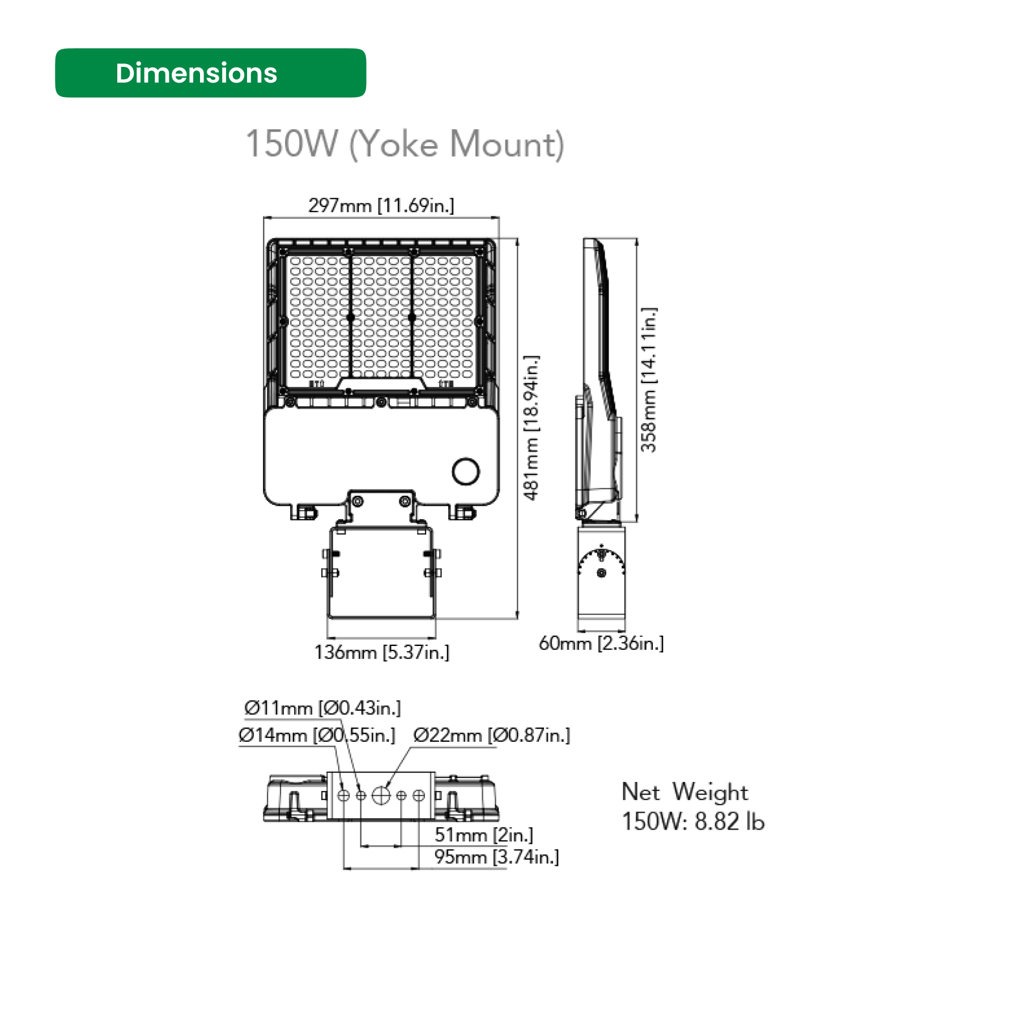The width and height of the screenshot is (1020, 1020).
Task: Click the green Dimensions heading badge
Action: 210,73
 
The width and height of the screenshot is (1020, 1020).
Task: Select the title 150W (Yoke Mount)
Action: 405,144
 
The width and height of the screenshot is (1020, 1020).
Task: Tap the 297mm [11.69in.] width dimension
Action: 381,205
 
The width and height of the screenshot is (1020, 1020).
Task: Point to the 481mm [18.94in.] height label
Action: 532,428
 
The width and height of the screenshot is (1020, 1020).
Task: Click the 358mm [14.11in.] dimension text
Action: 648,379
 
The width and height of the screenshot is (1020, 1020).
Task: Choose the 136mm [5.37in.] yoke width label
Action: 381,652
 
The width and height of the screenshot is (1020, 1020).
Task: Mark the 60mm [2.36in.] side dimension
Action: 601,643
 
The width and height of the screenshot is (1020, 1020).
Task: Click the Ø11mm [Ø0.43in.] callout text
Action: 322,708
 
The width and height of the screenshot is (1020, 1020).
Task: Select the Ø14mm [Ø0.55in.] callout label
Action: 316,735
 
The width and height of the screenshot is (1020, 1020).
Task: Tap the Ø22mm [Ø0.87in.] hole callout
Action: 491,735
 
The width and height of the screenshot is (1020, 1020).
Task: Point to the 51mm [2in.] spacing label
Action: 483,835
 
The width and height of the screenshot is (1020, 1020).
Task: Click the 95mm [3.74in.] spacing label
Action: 496,857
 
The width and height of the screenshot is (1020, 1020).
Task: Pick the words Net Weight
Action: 685,792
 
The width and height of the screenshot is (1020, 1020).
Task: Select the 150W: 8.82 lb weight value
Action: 693,822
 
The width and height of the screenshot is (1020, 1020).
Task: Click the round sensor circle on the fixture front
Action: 466,471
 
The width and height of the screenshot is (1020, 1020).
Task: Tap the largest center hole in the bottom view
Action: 381,796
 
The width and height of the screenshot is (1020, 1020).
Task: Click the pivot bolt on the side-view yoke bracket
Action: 601,573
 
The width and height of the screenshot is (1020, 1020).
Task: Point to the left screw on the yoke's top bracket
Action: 358,501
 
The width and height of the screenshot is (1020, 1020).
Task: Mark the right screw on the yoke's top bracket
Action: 405,501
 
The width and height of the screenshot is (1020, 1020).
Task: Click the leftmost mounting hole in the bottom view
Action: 343,796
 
